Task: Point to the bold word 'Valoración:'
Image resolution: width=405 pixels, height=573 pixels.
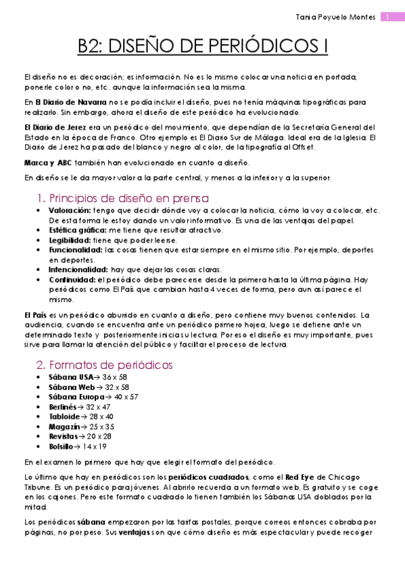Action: [70, 210]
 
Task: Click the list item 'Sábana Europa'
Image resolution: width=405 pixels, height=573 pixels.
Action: [74, 397]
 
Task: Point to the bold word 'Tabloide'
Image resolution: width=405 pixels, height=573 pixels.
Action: [64, 416]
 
